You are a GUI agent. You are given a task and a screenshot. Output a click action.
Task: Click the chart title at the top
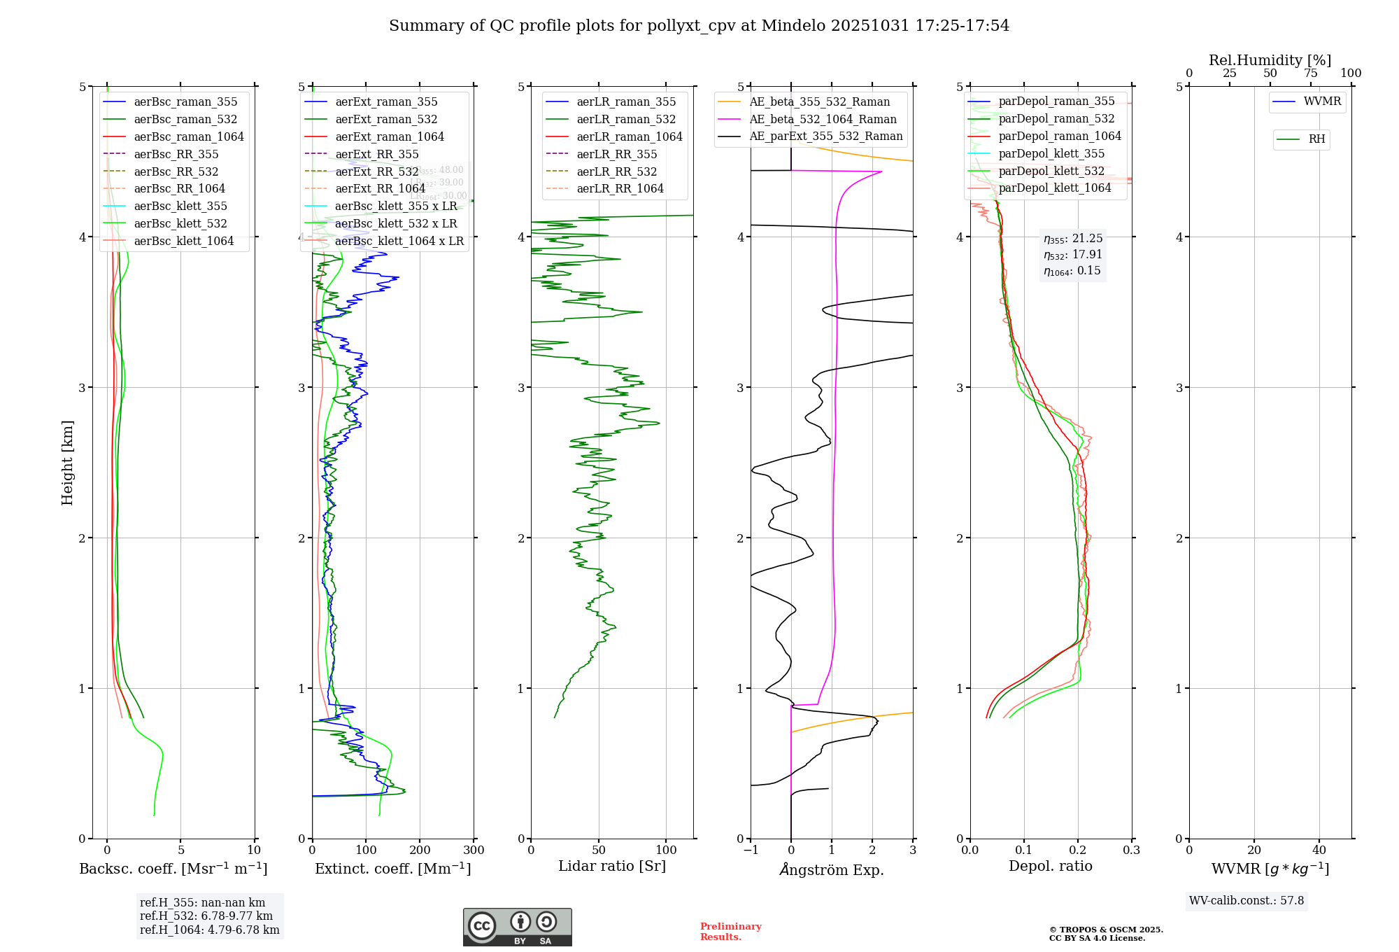(699, 26)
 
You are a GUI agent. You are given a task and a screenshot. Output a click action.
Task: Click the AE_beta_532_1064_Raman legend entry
(823, 119)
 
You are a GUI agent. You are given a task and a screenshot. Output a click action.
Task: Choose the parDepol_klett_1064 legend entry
(1054, 188)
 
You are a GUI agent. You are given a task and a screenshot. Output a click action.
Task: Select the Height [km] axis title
(67, 462)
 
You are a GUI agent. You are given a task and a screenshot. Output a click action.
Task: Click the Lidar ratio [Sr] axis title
(612, 866)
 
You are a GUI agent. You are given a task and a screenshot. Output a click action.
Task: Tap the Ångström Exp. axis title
(832, 869)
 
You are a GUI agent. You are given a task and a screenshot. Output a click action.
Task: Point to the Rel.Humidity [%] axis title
(1270, 60)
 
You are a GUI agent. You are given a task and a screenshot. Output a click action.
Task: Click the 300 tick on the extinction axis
(474, 850)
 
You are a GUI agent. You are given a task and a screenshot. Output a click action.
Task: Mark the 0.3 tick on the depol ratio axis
(1131, 850)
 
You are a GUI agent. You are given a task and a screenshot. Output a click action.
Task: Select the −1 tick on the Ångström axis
(751, 850)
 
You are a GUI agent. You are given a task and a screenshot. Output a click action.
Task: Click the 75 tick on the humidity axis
(1310, 73)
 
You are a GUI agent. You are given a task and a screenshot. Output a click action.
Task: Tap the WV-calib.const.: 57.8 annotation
(1247, 900)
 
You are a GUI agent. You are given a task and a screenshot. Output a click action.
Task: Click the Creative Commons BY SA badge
(517, 927)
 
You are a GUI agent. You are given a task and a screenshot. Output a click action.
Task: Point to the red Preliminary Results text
(730, 931)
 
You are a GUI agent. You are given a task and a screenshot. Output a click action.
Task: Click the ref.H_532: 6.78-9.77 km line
(206, 916)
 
